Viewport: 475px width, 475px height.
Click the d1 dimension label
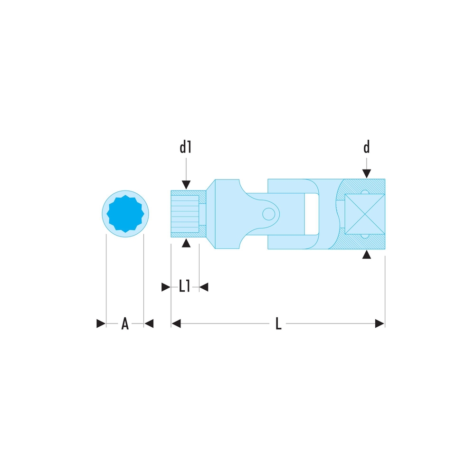(x=185, y=147)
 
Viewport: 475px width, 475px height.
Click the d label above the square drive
(x=367, y=147)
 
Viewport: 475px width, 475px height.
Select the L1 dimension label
(x=184, y=286)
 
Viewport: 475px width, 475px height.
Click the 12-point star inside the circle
(x=125, y=214)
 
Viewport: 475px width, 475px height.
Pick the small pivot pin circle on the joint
(x=268, y=214)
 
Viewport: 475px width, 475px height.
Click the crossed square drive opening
(x=365, y=214)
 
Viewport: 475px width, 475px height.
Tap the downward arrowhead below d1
(x=186, y=185)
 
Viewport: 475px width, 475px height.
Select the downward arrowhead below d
(x=367, y=173)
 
